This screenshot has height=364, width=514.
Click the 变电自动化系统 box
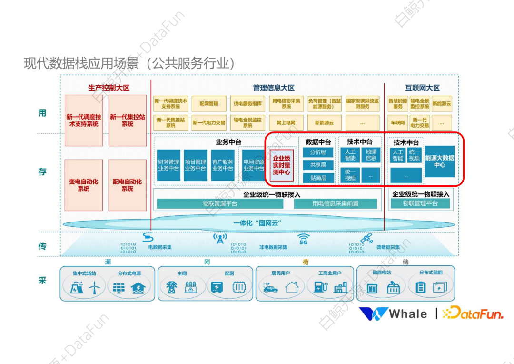pyautogui.click(x=83, y=185)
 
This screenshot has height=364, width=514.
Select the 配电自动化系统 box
pyautogui.click(x=127, y=185)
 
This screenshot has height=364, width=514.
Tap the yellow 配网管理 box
pyautogui.click(x=209, y=103)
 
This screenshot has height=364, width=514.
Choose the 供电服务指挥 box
pyautogui.click(x=247, y=103)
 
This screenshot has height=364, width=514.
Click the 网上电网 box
pyautogui.click(x=286, y=122)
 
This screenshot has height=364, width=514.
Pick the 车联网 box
pyautogui.click(x=398, y=122)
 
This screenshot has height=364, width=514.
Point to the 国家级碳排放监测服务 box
pyautogui.click(x=362, y=103)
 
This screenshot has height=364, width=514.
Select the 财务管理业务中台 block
pyautogui.click(x=168, y=165)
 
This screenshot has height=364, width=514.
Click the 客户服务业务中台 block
pyautogui.click(x=223, y=165)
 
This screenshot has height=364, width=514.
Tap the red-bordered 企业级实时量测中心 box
pyautogui.click(x=282, y=165)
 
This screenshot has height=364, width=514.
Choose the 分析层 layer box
pyautogui.click(x=318, y=152)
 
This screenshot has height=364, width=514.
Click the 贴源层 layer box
pyautogui.click(x=318, y=178)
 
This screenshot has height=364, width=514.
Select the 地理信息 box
pyautogui.click(x=371, y=155)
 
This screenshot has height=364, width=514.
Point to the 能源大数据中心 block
pyautogui.click(x=439, y=161)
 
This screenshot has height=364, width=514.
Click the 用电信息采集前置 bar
pyautogui.click(x=336, y=203)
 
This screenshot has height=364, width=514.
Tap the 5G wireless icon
pyautogui.click(x=303, y=238)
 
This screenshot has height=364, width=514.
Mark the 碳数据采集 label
pyautogui.click(x=388, y=247)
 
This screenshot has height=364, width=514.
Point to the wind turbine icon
pyautogui.click(x=94, y=287)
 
